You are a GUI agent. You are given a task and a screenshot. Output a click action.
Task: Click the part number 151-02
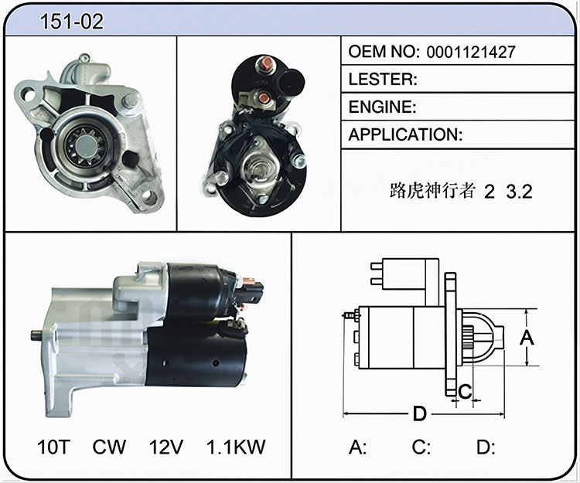click(x=72, y=22)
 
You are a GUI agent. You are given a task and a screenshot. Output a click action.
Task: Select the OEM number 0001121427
click(x=470, y=52)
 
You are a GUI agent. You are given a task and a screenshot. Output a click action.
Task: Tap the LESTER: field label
click(x=383, y=80)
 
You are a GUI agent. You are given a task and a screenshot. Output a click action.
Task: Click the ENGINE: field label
click(x=382, y=107)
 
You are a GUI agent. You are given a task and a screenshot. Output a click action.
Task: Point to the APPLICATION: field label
click(x=405, y=135)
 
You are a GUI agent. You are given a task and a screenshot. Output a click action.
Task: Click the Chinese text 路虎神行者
click(x=432, y=191)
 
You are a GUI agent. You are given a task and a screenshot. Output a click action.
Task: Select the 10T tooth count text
click(x=53, y=447)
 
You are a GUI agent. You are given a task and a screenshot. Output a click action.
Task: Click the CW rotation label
click(x=109, y=447)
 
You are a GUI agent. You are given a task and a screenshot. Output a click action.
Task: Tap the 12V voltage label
click(x=165, y=447)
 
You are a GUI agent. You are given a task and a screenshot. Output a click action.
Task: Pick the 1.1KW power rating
click(x=236, y=447)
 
